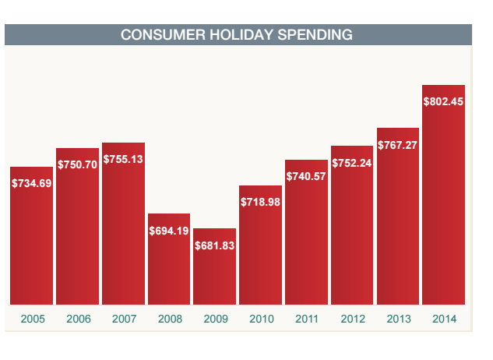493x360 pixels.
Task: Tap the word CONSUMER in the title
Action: click(158, 35)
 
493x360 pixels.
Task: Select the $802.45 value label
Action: click(443, 101)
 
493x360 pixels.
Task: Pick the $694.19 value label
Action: click(169, 231)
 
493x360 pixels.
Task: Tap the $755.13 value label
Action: click(123, 159)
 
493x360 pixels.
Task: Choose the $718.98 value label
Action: click(260, 202)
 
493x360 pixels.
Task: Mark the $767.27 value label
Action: click(397, 145)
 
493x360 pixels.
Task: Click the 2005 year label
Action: click(32, 319)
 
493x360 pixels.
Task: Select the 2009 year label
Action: click(214, 319)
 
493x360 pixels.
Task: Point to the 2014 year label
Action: click(443, 319)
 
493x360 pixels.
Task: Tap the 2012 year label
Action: click(351, 319)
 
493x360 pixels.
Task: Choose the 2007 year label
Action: click(123, 319)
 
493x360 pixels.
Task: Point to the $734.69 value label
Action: click(32, 183)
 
